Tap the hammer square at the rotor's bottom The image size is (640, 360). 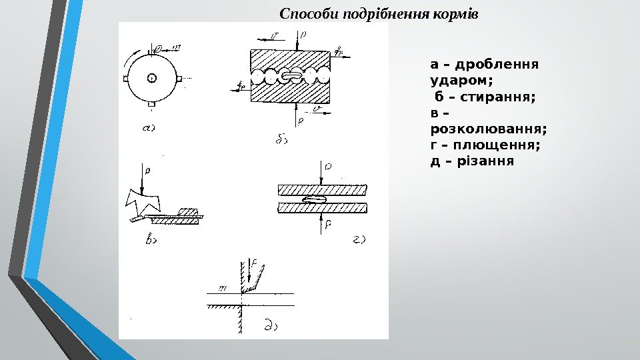pyautogui.click(x=152, y=105)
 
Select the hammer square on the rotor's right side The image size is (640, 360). pyautogui.click(x=179, y=79)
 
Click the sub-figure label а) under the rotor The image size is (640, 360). pyautogui.click(x=149, y=129)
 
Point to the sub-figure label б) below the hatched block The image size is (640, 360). pyautogui.click(x=280, y=139)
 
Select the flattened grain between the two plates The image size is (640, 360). pyautogui.click(x=313, y=199)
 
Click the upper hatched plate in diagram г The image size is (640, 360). pyautogui.click(x=321, y=190)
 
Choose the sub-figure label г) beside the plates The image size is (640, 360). pyautogui.click(x=359, y=238)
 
